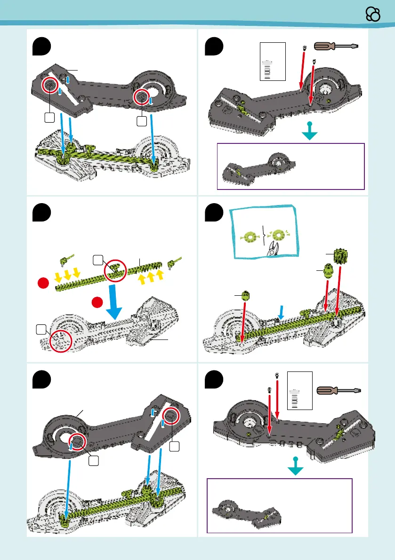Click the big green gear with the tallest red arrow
(341, 256)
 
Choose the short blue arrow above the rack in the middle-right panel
(281, 311)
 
